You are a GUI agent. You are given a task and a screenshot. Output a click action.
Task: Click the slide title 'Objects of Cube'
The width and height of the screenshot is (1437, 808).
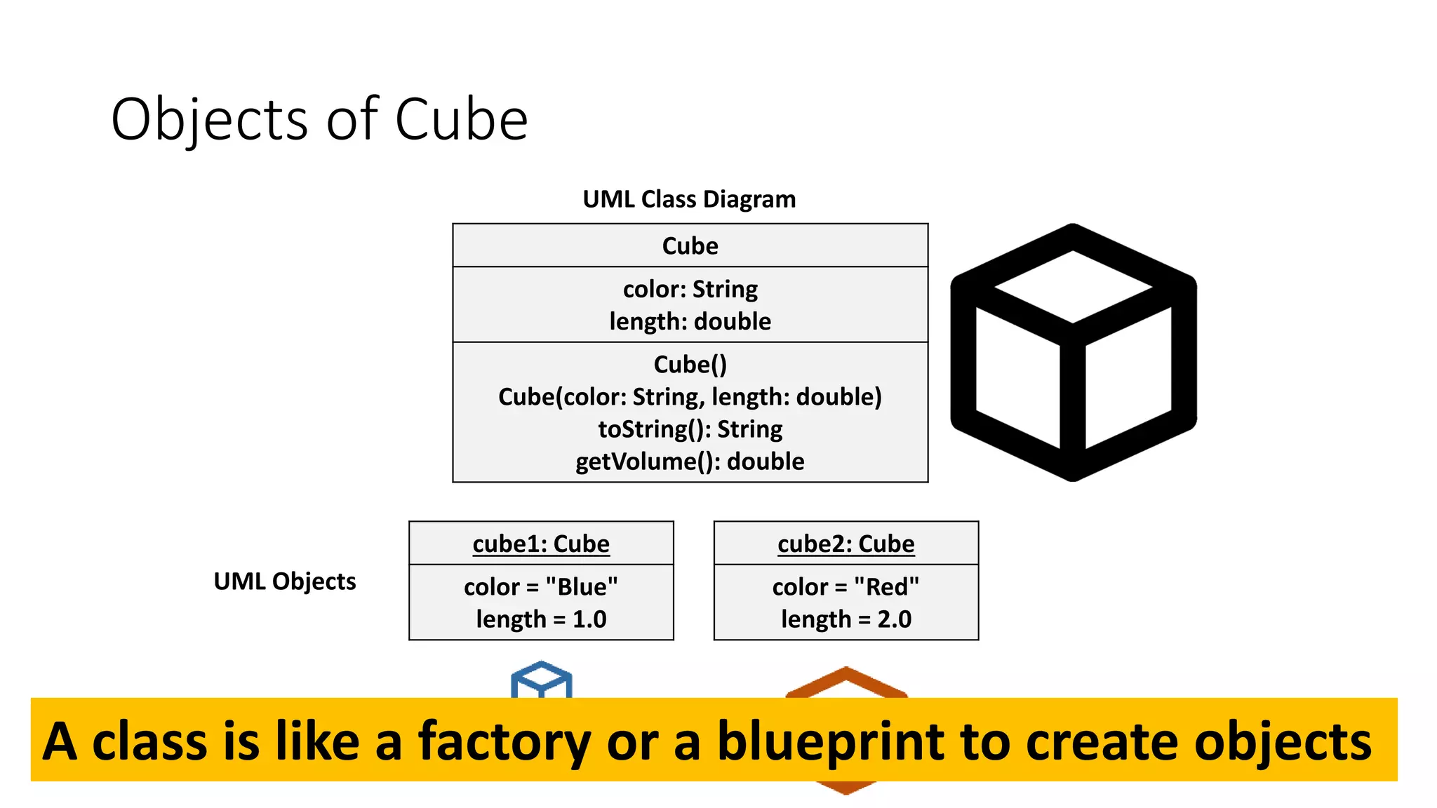pyautogui.click(x=319, y=119)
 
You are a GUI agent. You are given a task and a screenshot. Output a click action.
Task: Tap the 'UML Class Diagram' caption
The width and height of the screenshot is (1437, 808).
pyautogui.click(x=689, y=199)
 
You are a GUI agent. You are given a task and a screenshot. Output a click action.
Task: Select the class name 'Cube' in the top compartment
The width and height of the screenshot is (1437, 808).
pyautogui.click(x=690, y=246)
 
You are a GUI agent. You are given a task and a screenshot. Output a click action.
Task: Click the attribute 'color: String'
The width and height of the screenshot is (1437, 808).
pyautogui.click(x=690, y=289)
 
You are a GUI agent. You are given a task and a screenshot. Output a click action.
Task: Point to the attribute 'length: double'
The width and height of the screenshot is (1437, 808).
pyautogui.click(x=690, y=321)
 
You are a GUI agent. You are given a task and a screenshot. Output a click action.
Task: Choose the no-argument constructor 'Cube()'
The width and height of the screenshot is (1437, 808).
pyautogui.click(x=690, y=365)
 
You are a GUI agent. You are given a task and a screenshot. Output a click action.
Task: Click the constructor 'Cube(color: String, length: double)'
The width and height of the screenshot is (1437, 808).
pyautogui.click(x=690, y=397)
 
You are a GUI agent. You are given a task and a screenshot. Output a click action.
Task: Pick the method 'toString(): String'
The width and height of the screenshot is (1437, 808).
pyautogui.click(x=690, y=429)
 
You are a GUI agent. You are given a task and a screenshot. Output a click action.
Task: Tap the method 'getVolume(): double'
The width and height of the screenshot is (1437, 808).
pyautogui.click(x=690, y=462)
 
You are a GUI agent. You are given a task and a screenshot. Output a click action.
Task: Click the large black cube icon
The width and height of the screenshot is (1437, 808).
pyautogui.click(x=1073, y=352)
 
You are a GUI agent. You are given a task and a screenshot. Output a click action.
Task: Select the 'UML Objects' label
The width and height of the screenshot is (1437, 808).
pyautogui.click(x=285, y=581)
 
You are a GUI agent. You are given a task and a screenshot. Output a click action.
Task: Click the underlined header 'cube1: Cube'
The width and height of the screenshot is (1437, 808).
pyautogui.click(x=541, y=544)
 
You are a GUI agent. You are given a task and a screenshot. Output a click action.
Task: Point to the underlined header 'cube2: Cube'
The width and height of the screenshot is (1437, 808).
pyautogui.click(x=846, y=544)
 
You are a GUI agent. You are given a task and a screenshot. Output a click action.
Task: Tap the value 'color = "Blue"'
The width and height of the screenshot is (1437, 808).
pyautogui.click(x=541, y=586)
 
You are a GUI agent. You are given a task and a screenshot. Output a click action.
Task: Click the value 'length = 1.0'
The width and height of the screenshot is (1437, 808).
pyautogui.click(x=541, y=619)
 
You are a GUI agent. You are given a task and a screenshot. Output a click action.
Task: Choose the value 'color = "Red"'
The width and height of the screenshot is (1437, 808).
pyautogui.click(x=846, y=586)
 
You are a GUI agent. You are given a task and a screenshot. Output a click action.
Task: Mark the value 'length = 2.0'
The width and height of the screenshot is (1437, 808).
pyautogui.click(x=846, y=619)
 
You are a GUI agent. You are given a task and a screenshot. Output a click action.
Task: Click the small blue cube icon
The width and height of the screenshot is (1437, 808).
pyautogui.click(x=542, y=679)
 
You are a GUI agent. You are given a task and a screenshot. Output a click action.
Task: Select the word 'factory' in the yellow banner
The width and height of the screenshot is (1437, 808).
pyautogui.click(x=504, y=742)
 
